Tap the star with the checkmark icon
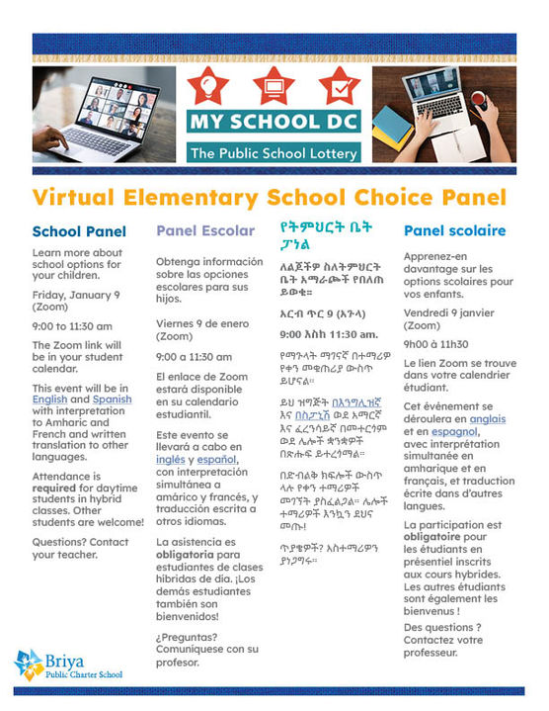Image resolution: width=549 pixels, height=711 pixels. tap(337, 88)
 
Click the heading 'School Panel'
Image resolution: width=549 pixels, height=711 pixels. tap(79, 232)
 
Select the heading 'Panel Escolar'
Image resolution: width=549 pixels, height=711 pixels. tap(205, 231)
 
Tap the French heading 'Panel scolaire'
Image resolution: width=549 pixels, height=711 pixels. tap(454, 231)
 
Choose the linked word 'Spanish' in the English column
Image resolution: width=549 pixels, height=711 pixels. tap(112, 400)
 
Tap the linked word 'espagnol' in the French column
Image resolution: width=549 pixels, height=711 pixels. tap(452, 431)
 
